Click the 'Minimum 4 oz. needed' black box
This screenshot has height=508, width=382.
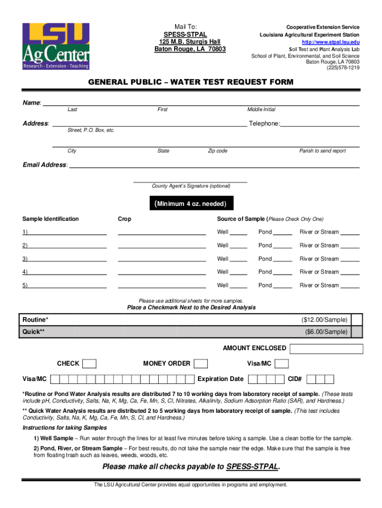point(191,204)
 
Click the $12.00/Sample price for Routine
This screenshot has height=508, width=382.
point(324,319)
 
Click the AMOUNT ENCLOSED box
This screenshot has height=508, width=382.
point(326,348)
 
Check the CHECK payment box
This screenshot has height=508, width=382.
point(89,364)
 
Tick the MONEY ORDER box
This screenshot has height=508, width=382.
point(201,364)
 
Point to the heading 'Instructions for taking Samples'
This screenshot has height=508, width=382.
point(64,428)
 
